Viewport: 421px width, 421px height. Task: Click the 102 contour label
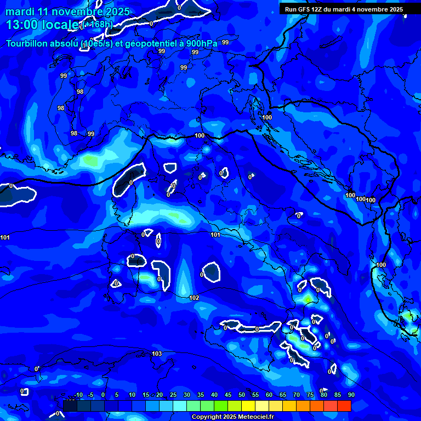coord(194,298)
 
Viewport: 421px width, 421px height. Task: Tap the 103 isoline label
coord(157,354)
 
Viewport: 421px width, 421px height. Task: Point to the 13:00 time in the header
coord(20,25)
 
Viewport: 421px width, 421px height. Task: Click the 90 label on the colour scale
coord(351,395)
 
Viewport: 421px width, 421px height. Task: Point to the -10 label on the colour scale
coord(78,395)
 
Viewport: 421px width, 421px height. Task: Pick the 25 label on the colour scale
coord(173,395)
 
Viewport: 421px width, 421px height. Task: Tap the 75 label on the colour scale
coord(310,395)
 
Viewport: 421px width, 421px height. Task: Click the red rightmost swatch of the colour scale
coord(344,406)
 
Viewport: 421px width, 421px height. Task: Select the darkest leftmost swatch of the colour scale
coord(70,406)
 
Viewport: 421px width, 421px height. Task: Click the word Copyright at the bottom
coord(207,417)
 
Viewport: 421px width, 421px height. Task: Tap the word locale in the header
coord(61,25)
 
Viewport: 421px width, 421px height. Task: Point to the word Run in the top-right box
coord(291,9)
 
